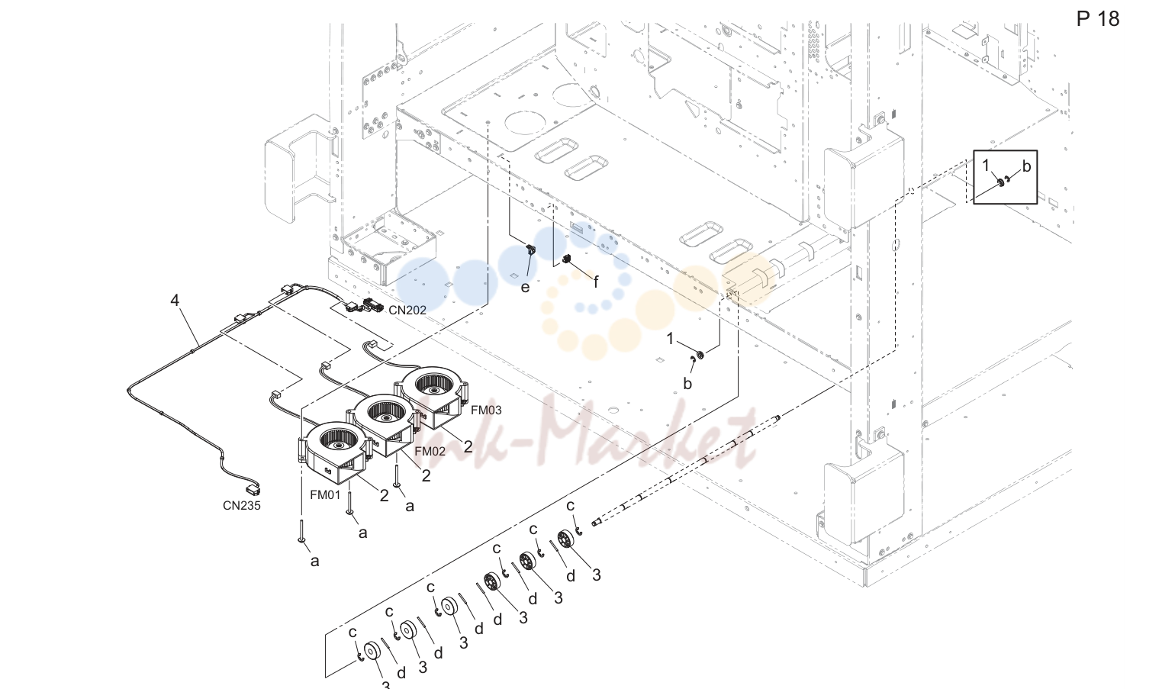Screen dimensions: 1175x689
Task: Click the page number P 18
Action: [x=1097, y=19]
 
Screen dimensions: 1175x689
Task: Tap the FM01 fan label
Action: [x=325, y=494]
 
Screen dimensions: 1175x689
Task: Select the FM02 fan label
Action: [x=430, y=451]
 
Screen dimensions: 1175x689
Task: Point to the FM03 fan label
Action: [x=486, y=410]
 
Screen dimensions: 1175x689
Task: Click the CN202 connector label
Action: [x=407, y=310]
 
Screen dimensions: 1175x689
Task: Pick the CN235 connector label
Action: [x=241, y=505]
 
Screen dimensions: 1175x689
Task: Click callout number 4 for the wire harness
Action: [x=175, y=300]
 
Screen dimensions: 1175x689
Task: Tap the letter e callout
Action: [x=525, y=288]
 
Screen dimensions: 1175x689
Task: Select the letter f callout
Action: [x=596, y=282]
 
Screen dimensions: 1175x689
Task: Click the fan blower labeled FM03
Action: [x=432, y=394]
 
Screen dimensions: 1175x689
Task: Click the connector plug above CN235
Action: [x=254, y=489]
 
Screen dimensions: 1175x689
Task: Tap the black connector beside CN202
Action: [x=373, y=304]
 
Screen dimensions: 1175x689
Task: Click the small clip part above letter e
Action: [x=530, y=250]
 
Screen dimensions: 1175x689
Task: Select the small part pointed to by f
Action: [x=566, y=259]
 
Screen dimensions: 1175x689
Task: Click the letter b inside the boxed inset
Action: [x=1026, y=166]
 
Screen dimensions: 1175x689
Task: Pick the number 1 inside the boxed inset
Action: [x=986, y=166]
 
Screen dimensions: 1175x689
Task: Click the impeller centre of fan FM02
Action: [x=387, y=417]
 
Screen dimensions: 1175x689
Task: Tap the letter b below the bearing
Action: [x=687, y=384]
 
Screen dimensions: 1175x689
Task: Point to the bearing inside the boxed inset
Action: [x=1001, y=182]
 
